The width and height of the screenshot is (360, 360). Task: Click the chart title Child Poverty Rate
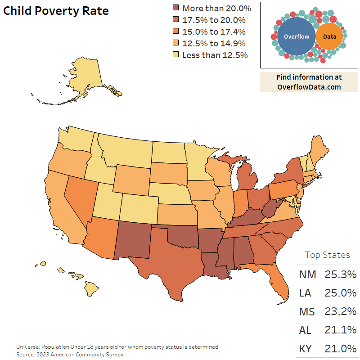coord(56,11)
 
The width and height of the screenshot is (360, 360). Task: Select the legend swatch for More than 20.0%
coord(176,8)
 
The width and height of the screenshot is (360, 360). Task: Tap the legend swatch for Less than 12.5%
coord(176,55)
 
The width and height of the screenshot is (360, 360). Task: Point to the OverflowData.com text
coord(309,87)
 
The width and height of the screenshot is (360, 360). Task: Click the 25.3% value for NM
coord(341,274)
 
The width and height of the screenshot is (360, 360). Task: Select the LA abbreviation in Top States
coord(305,293)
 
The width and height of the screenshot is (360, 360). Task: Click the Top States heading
coord(327,255)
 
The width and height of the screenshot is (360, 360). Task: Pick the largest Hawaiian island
coord(92,287)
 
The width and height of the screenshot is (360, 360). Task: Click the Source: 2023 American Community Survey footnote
coord(70,355)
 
